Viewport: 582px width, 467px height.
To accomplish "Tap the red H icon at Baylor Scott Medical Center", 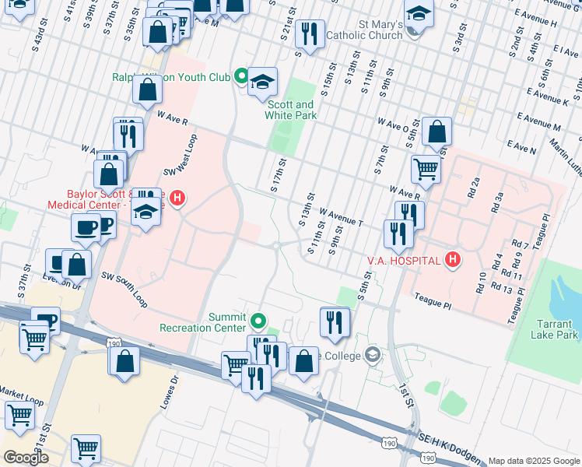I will tap(177, 198).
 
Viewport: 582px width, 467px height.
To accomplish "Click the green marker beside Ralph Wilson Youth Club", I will tap(241, 76).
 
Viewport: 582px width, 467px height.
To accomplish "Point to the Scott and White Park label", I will tap(292, 110).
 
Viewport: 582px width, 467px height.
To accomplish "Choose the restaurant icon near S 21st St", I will tap(310, 33).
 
